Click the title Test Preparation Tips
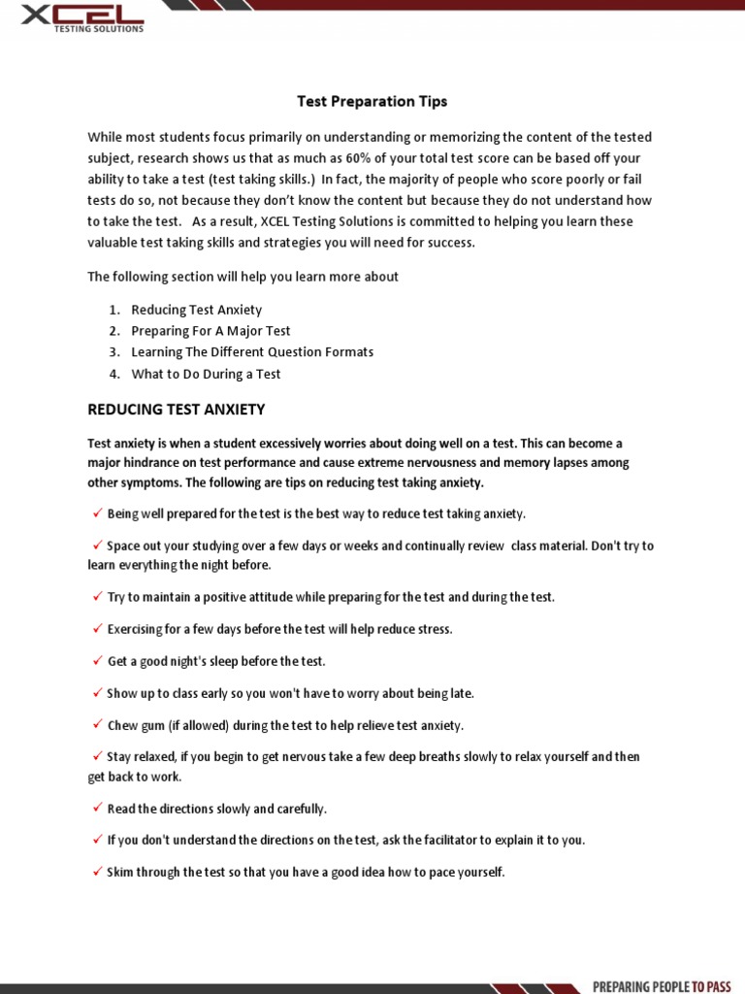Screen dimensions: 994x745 tap(372, 101)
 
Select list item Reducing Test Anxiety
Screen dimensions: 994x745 tap(197, 310)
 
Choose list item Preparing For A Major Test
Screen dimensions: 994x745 tap(211, 331)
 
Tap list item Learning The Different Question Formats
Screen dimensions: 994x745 tap(252, 352)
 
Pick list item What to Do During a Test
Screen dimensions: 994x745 tap(206, 374)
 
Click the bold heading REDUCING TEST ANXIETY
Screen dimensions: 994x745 tap(177, 410)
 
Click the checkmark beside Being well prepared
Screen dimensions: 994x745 tap(98, 513)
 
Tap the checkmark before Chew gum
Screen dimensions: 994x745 tap(98, 724)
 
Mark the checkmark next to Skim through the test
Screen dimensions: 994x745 tap(98, 872)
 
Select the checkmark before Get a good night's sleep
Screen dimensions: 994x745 tap(98, 660)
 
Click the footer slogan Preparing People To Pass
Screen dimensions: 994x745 tap(662, 986)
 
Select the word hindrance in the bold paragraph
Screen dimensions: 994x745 tap(157, 463)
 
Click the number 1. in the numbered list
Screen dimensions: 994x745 tap(113, 310)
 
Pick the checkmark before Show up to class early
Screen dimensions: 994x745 tap(98, 692)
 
